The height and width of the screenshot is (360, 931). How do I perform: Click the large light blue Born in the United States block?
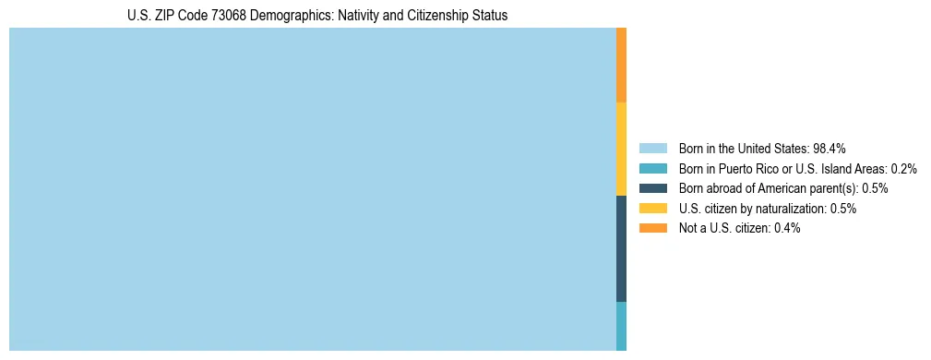pyautogui.click(x=312, y=189)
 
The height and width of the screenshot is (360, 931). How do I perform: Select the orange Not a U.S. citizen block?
pyautogui.click(x=621, y=65)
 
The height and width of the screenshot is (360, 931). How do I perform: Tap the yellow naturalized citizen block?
pyautogui.click(x=621, y=149)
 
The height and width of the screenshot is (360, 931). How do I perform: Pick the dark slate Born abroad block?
pyautogui.click(x=621, y=248)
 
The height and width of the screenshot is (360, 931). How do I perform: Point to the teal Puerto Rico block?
pyautogui.click(x=621, y=326)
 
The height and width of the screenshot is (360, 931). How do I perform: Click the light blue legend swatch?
pyautogui.click(x=652, y=148)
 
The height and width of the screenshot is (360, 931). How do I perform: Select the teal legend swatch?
pyautogui.click(x=652, y=168)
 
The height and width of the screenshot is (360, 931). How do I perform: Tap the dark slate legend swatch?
pyautogui.click(x=652, y=188)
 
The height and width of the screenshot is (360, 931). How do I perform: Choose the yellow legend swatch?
pyautogui.click(x=652, y=209)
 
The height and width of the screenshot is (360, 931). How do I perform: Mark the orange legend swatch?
pyautogui.click(x=652, y=228)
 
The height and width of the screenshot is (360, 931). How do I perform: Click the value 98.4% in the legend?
pyautogui.click(x=829, y=148)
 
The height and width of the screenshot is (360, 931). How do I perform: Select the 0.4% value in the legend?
pyautogui.click(x=787, y=228)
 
